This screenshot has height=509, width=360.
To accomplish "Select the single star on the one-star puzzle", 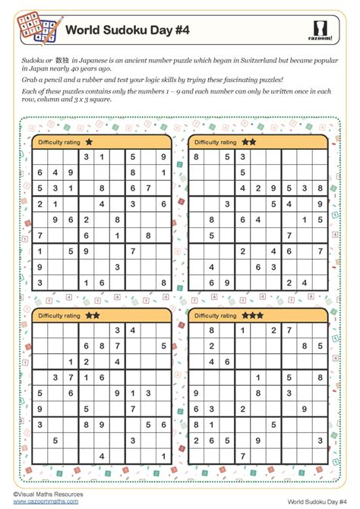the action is tap(90, 141).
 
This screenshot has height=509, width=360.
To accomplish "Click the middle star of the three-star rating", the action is tap(253, 314).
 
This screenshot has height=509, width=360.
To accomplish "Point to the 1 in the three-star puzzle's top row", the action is tap(242, 330).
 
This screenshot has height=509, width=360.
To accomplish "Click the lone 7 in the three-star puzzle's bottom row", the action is tap(242, 454).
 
